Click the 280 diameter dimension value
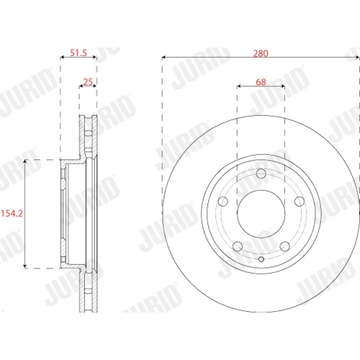pyautogui.click(x=261, y=53)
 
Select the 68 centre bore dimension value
pyautogui.click(x=261, y=82)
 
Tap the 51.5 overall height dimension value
pyautogui.click(x=78, y=53)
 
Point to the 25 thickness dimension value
pyautogui.click(x=88, y=82)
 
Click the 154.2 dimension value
pyautogui.click(x=12, y=213)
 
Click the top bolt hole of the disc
pyautogui.click(x=261, y=174)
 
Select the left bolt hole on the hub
pyautogui.click(x=223, y=202)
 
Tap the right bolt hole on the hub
pyautogui.click(x=300, y=202)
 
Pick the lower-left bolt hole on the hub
pyautogui.click(x=238, y=246)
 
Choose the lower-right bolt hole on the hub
pyautogui.click(x=285, y=246)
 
